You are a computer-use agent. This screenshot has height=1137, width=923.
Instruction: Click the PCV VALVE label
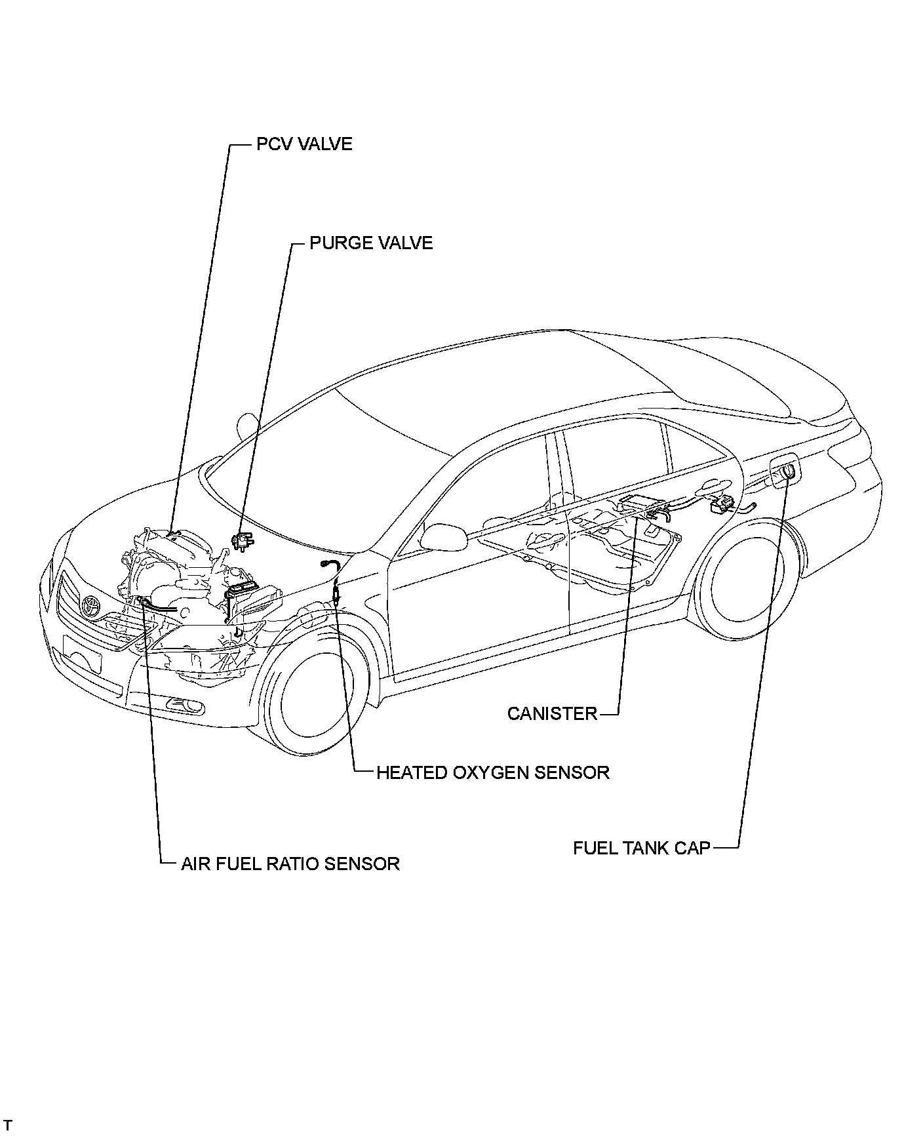[304, 144]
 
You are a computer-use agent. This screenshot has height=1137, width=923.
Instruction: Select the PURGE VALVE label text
[371, 243]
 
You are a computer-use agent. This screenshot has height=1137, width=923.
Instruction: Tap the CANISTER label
[552, 713]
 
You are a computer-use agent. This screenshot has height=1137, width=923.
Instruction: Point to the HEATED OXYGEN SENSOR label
[492, 772]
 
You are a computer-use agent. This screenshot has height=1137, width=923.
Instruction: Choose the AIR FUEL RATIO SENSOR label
[290, 864]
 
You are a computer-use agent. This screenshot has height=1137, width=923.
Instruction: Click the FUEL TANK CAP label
[641, 848]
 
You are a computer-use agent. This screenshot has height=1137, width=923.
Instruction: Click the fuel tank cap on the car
[787, 471]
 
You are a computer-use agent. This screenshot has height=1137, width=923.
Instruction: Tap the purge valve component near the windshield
[243, 542]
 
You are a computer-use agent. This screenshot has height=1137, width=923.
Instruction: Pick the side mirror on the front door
[443, 536]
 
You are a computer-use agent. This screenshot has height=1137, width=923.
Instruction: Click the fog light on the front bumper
[185, 705]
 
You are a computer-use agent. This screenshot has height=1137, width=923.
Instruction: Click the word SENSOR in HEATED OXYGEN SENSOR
[572, 772]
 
